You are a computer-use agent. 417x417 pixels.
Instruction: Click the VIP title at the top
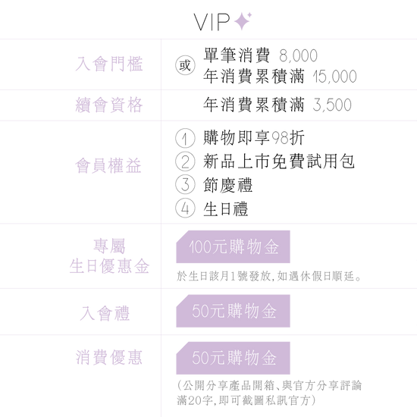(212, 22)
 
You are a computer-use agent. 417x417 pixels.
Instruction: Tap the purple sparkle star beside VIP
(243, 21)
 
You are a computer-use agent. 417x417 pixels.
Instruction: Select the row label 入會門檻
(109, 64)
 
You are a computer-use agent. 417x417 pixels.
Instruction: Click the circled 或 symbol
(185, 65)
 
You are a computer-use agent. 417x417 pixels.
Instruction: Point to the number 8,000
(299, 56)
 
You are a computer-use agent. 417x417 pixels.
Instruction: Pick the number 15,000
(334, 77)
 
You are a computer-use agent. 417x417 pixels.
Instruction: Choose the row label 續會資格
(109, 105)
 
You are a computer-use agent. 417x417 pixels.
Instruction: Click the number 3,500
(332, 105)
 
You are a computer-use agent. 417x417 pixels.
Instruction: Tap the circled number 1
(185, 138)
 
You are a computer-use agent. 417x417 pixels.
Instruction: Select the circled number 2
(185, 161)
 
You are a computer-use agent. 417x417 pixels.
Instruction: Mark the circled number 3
(185, 184)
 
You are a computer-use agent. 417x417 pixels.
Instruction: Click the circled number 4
(185, 208)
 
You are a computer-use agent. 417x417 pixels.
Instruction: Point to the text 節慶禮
(227, 185)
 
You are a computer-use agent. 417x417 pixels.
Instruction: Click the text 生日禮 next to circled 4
(225, 208)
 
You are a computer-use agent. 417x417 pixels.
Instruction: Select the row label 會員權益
(108, 166)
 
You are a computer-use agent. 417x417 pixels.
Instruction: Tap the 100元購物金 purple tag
(233, 247)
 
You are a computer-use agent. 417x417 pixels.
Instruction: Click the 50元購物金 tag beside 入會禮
(233, 311)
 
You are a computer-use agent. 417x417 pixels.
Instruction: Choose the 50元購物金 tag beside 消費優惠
(233, 358)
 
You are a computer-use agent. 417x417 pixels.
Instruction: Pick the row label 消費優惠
(108, 357)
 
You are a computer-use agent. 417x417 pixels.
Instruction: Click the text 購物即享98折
(254, 138)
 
